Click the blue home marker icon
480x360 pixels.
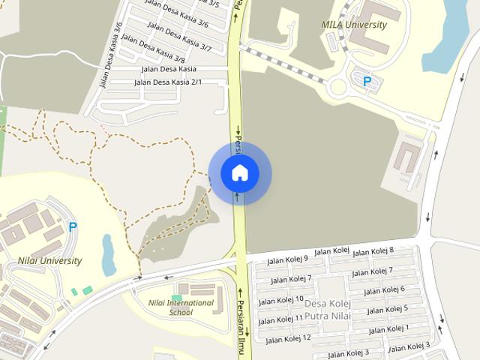[239, 173]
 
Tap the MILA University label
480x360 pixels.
[354, 25]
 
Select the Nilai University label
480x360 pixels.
[50, 261]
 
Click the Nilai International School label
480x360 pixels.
[170, 307]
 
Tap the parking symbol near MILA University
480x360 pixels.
[367, 82]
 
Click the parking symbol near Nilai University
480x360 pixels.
[73, 226]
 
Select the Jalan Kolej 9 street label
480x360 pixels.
[289, 259]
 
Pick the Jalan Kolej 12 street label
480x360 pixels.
[288, 340]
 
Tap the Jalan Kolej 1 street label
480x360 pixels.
[389, 328]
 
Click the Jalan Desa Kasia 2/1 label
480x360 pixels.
[168, 82]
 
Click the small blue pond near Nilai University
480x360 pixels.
[109, 254]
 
